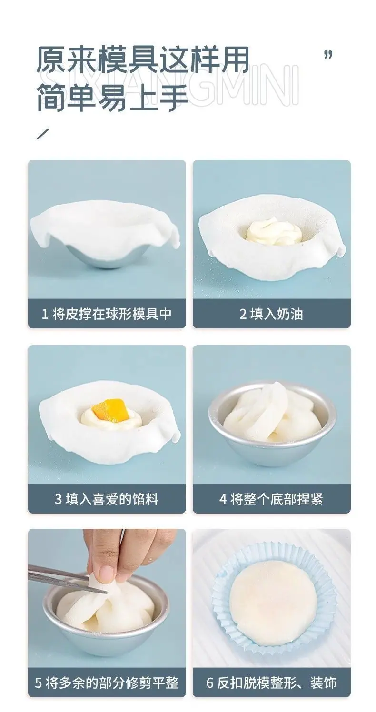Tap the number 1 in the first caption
45,314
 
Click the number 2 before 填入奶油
243,314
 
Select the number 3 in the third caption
58,499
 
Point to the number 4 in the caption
223,499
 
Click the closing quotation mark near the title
328,55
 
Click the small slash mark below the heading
42,133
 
